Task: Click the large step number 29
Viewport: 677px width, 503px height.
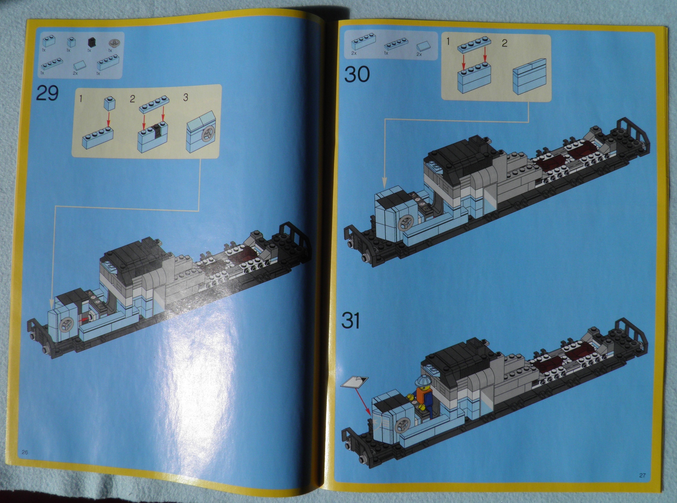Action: click(47, 93)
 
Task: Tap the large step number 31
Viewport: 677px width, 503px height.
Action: click(351, 321)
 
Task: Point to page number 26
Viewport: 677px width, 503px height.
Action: click(25, 452)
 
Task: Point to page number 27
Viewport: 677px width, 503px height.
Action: click(642, 475)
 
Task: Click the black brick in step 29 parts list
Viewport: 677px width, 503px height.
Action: click(91, 42)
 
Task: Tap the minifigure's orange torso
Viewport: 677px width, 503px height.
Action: click(420, 394)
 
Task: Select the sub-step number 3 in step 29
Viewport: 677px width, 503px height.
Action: click(186, 97)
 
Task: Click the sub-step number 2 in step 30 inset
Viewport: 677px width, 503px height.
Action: click(504, 43)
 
